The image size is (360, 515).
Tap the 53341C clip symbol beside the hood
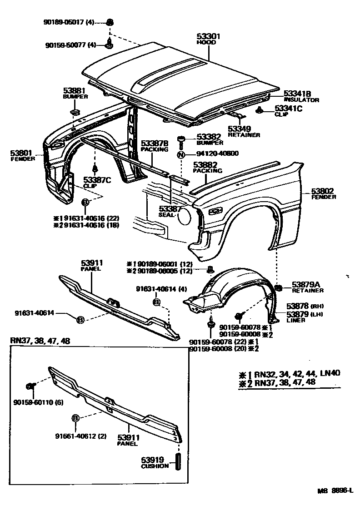260,110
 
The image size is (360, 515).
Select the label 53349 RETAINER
244,131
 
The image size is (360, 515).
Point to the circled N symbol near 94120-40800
181,154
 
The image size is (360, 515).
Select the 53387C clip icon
95,170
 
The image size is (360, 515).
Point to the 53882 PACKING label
207,168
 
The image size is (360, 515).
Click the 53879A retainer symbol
280,287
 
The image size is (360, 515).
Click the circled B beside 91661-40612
75,418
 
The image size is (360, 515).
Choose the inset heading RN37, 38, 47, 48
40,340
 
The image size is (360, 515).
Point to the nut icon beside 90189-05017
110,22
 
